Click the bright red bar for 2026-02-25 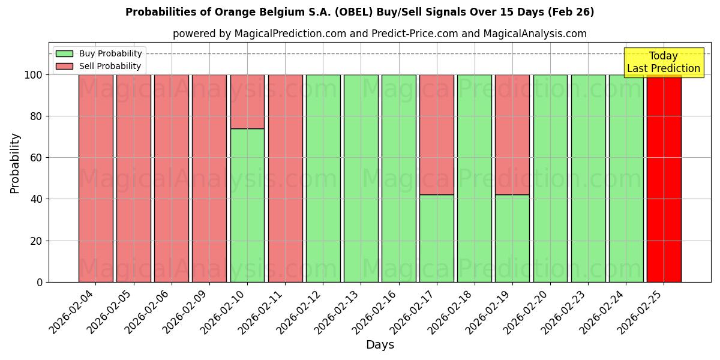(664, 178)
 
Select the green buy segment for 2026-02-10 (247, 205)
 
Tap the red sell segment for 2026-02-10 (247, 101)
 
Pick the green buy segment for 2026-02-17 (436, 238)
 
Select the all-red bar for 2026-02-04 (96, 178)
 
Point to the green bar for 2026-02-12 (323, 178)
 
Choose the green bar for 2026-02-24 (626, 178)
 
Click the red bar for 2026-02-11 (285, 178)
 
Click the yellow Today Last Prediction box (664, 62)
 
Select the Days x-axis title (380, 345)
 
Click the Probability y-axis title (15, 163)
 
